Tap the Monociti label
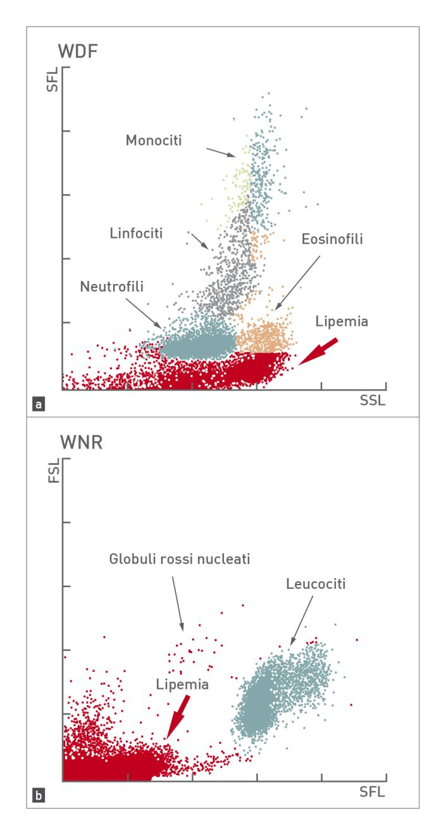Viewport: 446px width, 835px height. (x=153, y=140)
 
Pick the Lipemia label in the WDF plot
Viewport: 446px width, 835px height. (x=342, y=321)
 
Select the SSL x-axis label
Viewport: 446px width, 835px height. (x=373, y=401)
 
